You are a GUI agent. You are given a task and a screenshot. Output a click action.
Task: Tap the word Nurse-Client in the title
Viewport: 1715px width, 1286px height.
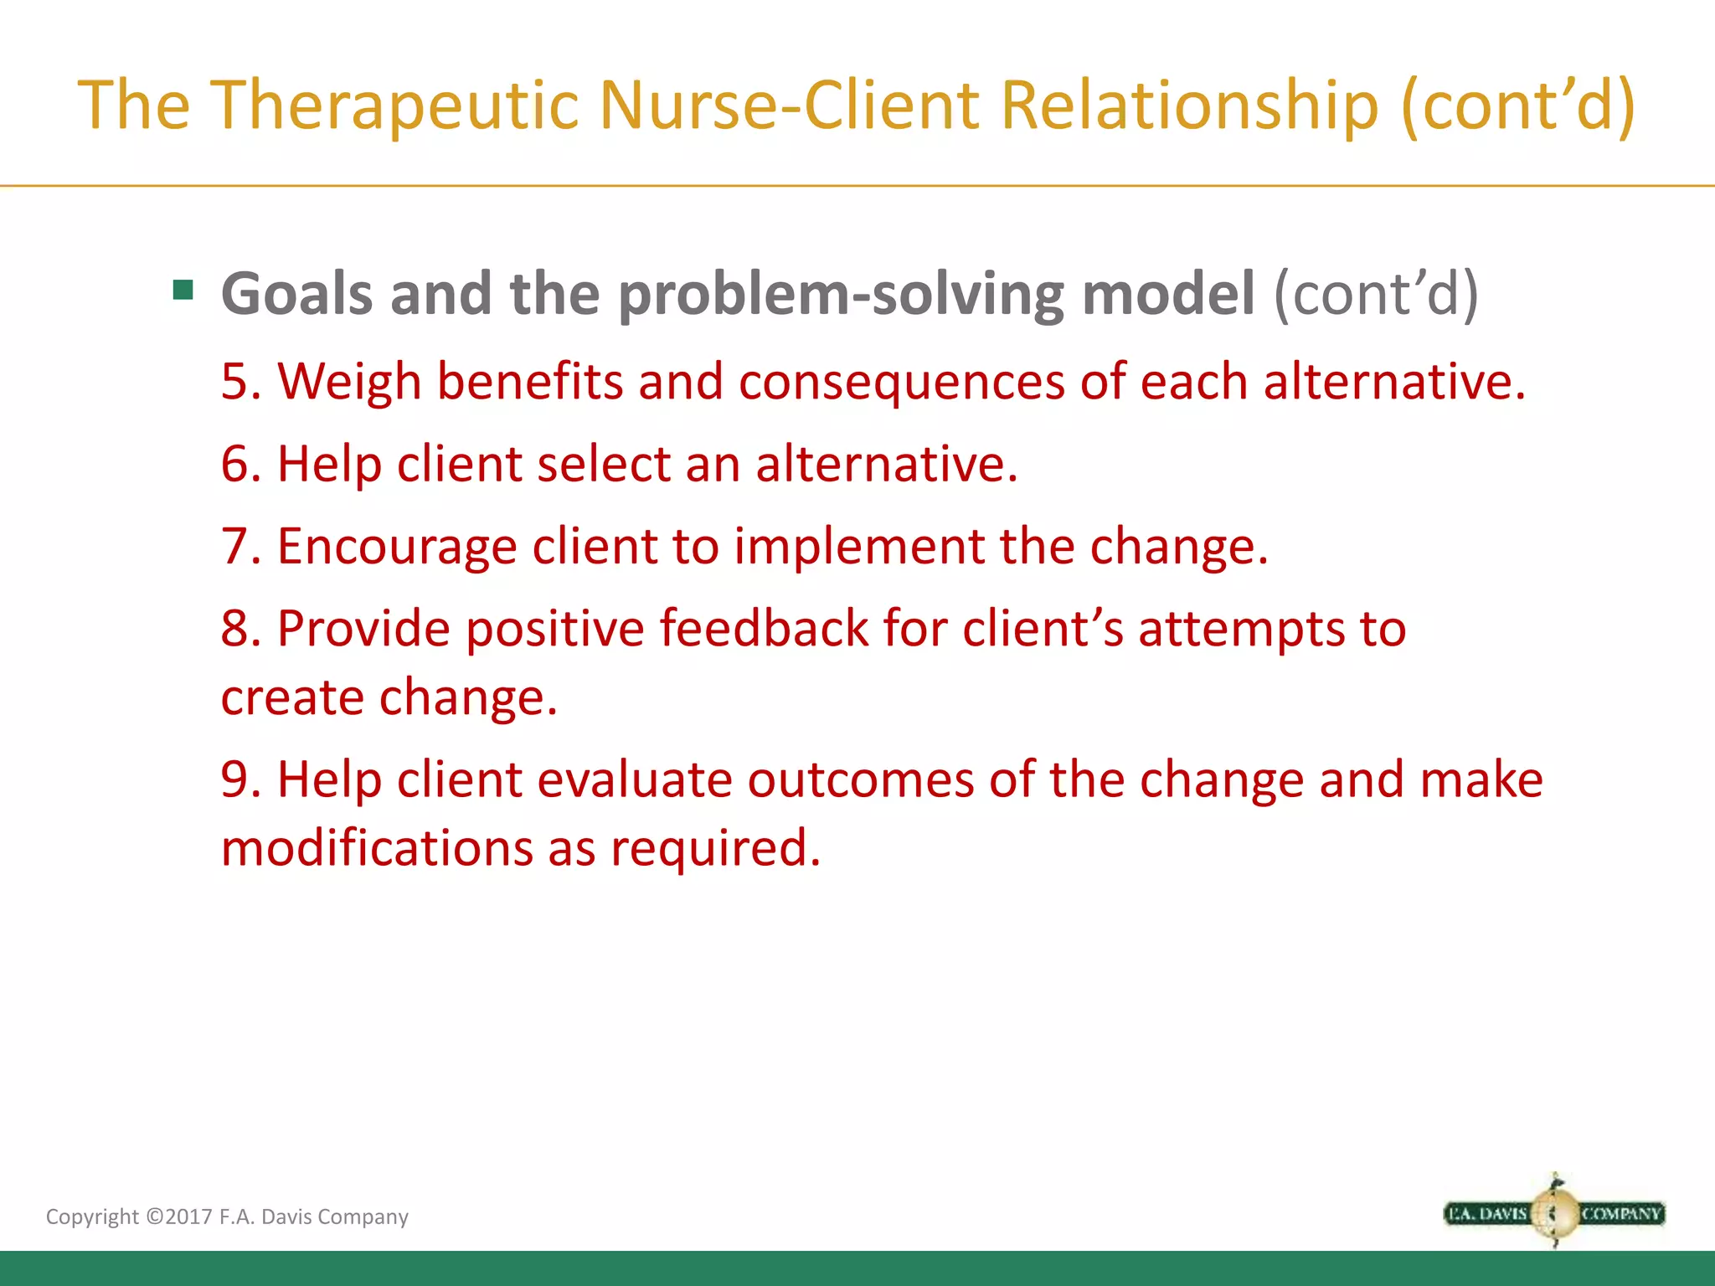(x=790, y=105)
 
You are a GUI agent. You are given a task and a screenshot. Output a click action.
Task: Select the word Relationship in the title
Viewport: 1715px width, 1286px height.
(x=1189, y=105)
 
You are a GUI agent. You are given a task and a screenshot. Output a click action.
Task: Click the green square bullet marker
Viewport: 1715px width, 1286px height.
(x=183, y=291)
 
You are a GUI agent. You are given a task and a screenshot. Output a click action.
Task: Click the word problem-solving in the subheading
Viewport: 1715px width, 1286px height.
(x=841, y=294)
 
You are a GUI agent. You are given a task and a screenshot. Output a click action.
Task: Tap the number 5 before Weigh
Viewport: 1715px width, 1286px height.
(x=235, y=382)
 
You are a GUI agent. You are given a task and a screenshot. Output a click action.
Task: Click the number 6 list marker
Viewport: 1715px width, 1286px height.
(x=235, y=464)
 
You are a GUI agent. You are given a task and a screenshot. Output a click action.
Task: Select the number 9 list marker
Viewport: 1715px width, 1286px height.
(x=235, y=779)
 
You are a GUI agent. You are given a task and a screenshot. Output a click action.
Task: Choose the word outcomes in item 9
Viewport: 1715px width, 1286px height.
(x=860, y=779)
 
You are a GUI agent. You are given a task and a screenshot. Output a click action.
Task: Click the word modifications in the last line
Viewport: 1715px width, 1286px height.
(x=377, y=848)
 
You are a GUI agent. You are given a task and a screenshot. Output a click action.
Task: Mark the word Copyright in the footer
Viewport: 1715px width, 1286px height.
(x=92, y=1217)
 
